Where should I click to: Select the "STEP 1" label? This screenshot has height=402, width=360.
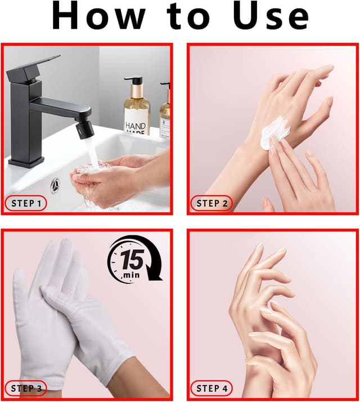coord(26,203)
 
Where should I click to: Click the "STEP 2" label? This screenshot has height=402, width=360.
coord(211,203)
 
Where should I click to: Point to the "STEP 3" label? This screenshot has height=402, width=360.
coord(26,388)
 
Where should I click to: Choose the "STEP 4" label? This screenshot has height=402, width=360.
coord(211,388)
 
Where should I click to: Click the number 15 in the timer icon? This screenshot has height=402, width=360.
coord(132,260)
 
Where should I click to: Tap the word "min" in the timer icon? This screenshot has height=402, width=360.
coord(132,275)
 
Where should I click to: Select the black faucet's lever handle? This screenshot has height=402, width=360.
coord(33,66)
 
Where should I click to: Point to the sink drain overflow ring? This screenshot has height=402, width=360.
coord(55,185)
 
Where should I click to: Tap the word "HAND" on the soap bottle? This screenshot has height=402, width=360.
coord(136,126)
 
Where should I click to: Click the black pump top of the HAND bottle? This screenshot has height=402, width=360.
coord(134,81)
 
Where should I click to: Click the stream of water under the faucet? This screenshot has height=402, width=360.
coord(92,153)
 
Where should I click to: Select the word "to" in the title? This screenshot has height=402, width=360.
coord(188,17)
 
